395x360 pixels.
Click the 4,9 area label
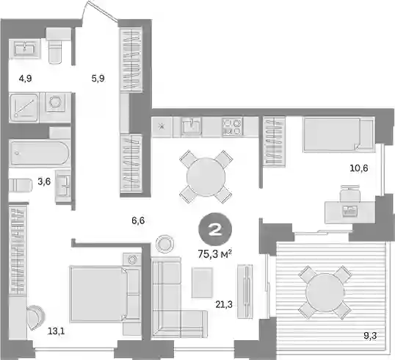(x=25, y=79)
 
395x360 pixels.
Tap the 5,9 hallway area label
(x=98, y=79)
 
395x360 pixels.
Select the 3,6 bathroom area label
(x=44, y=181)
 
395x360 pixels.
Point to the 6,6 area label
(x=138, y=220)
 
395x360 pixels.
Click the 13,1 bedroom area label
(x=57, y=331)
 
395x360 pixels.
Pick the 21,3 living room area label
(x=224, y=305)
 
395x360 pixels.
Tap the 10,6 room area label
(x=359, y=168)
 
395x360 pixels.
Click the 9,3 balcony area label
(x=370, y=336)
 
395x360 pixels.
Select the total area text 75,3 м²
(x=215, y=254)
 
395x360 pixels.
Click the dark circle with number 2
(x=215, y=229)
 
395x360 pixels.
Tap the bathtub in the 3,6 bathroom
(x=40, y=153)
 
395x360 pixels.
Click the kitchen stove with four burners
(x=232, y=127)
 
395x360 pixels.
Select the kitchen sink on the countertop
(x=191, y=126)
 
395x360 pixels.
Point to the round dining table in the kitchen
(x=206, y=177)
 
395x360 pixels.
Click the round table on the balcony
(x=325, y=292)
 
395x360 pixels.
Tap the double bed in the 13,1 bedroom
(x=104, y=294)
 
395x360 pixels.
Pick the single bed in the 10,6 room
(x=338, y=135)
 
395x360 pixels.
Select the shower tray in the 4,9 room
(x=24, y=108)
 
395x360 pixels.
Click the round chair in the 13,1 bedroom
(x=35, y=317)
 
